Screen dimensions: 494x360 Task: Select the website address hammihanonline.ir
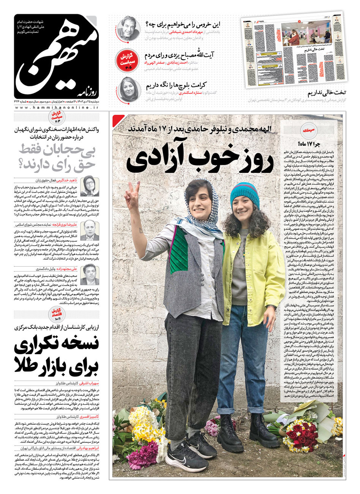point(57,108)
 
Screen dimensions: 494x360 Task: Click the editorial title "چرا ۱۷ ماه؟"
point(308,144)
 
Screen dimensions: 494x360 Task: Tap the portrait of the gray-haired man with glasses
point(128,28)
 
